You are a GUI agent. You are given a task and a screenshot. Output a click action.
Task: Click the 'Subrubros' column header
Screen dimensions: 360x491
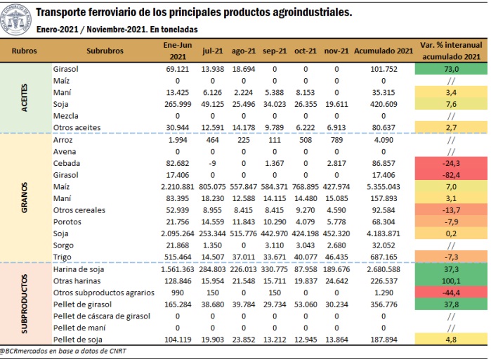pyautogui.click(x=105, y=51)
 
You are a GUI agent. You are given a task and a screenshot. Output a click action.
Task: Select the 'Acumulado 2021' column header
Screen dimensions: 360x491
pyautogui.click(x=384, y=51)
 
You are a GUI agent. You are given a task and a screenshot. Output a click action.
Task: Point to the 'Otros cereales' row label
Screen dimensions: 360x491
pyautogui.click(x=78, y=210)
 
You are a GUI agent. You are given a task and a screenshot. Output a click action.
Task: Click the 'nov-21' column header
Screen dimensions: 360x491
pyautogui.click(x=337, y=51)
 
